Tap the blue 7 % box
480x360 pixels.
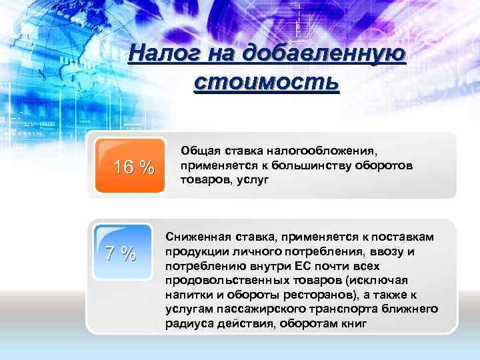pos(121,253)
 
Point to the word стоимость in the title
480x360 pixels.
pos(267,84)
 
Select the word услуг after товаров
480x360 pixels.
pos(249,179)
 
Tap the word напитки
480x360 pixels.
pos(187,294)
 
